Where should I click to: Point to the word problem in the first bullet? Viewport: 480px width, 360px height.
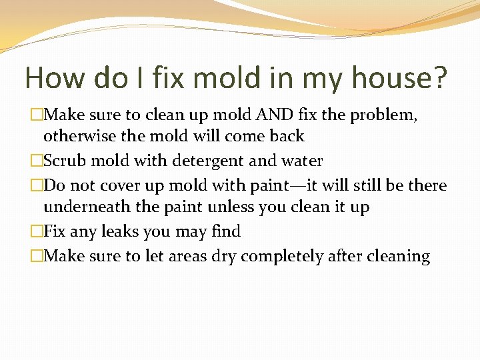click(389, 116)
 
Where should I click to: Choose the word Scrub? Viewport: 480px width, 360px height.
click(65, 161)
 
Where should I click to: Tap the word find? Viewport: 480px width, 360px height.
click(225, 231)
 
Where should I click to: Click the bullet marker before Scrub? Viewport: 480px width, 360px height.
click(37, 161)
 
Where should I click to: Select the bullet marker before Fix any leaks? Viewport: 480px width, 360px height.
click(37, 231)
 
